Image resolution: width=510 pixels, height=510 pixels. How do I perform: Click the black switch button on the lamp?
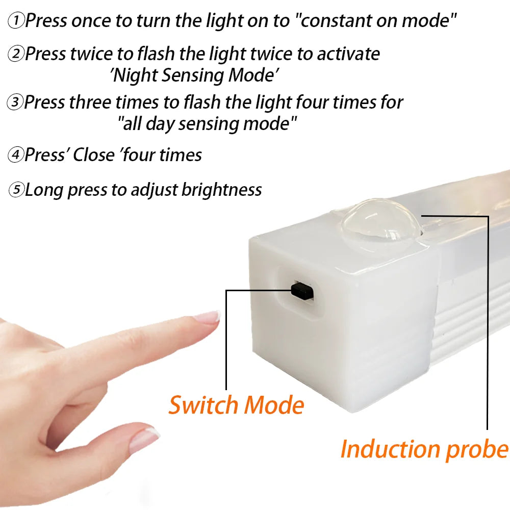[302, 290]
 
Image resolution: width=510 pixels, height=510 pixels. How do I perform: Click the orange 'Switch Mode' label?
[236, 405]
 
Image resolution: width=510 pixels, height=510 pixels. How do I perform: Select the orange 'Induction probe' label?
[424, 449]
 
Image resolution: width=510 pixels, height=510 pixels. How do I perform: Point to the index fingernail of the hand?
[209, 317]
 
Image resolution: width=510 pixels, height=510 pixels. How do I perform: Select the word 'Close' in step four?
[93, 155]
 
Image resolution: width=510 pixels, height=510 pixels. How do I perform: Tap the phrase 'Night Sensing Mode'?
[194, 75]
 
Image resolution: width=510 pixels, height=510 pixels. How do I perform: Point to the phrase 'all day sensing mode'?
[207, 124]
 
